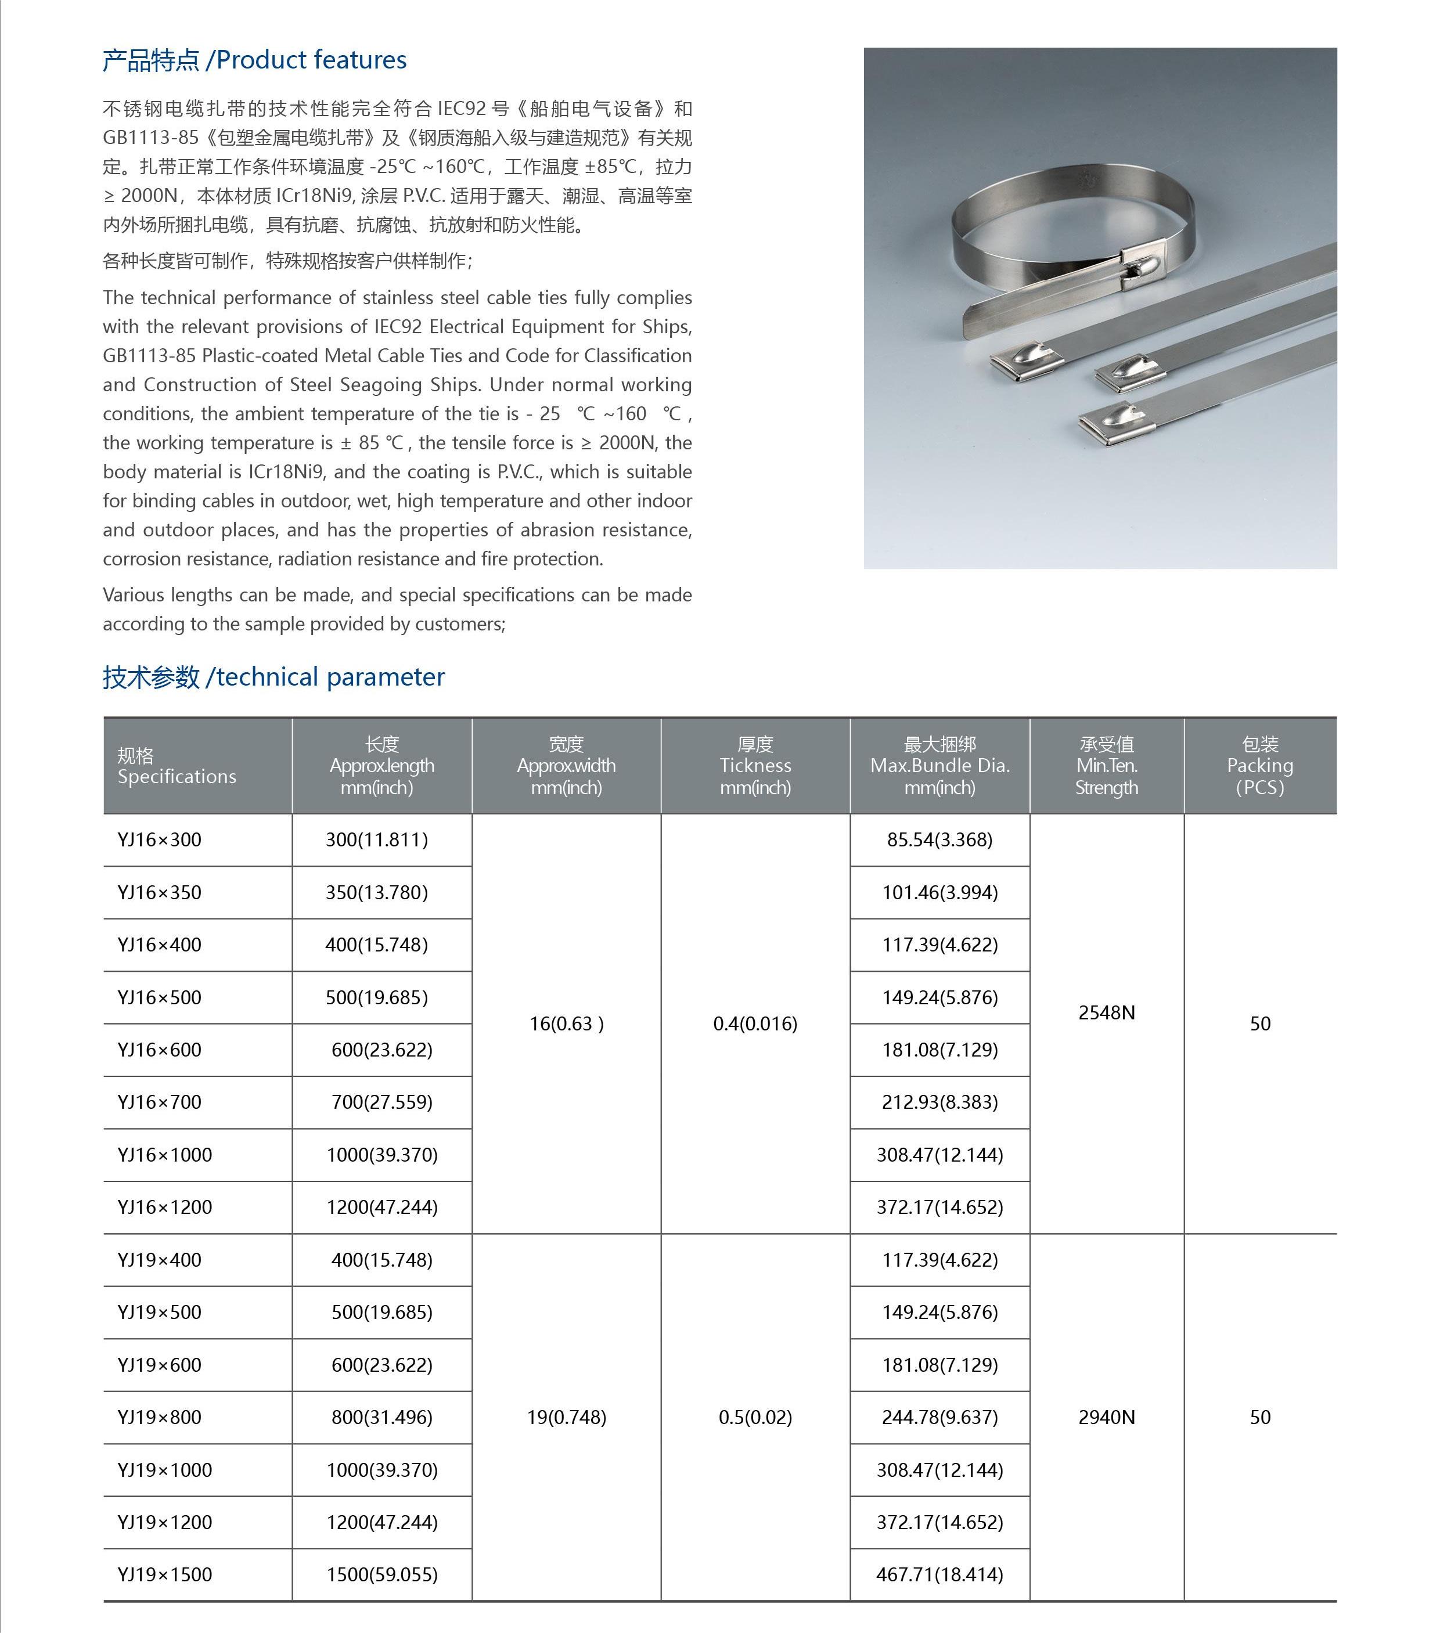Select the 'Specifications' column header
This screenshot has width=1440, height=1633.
click(177, 766)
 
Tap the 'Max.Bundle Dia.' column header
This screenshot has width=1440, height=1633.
click(939, 765)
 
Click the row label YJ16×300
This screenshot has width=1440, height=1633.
click(159, 839)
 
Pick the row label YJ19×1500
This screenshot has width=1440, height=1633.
click(165, 1575)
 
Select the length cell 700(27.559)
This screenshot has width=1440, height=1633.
click(382, 1102)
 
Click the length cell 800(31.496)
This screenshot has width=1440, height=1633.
click(382, 1416)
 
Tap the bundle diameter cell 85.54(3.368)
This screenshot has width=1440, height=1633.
click(939, 839)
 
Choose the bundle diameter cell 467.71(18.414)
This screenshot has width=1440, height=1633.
click(939, 1575)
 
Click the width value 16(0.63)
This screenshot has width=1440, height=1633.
click(567, 1023)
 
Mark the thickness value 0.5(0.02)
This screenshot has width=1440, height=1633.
click(755, 1416)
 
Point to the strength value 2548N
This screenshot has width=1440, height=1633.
click(1107, 1012)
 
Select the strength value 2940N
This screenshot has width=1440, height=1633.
click(1107, 1416)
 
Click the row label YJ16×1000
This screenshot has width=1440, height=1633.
click(165, 1155)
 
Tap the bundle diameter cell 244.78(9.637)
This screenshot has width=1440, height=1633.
click(939, 1416)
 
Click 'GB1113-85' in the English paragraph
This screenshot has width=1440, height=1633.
click(149, 355)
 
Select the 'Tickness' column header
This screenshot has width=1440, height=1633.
click(755, 765)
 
